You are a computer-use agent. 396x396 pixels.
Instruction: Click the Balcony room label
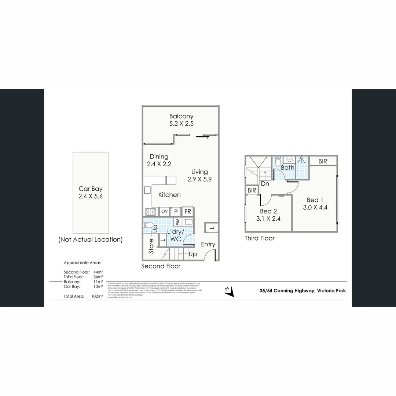[181, 116]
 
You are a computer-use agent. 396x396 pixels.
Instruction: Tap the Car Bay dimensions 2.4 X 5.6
[90, 196]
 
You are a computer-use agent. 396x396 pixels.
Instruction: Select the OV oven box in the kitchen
[164, 211]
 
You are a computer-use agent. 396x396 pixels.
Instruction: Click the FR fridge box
[187, 212]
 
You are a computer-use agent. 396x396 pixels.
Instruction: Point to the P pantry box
[176, 212]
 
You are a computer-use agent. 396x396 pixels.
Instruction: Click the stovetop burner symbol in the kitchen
[151, 212]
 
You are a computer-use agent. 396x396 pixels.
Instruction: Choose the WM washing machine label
[177, 222]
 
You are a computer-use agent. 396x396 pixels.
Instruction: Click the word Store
[151, 246]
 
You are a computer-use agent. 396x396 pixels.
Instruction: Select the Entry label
[208, 244]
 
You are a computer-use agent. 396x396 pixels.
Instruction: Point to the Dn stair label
[265, 184]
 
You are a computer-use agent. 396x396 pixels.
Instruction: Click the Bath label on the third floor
[288, 168]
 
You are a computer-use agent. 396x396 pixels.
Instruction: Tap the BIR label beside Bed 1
[323, 161]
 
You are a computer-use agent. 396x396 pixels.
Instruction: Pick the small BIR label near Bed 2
[252, 190]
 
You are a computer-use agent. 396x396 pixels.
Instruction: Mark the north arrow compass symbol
[229, 291]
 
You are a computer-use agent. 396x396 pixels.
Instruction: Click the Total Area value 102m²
[97, 296]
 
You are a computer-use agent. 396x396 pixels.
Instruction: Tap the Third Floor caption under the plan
[260, 238]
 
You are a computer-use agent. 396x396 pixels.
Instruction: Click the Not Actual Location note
[90, 239]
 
